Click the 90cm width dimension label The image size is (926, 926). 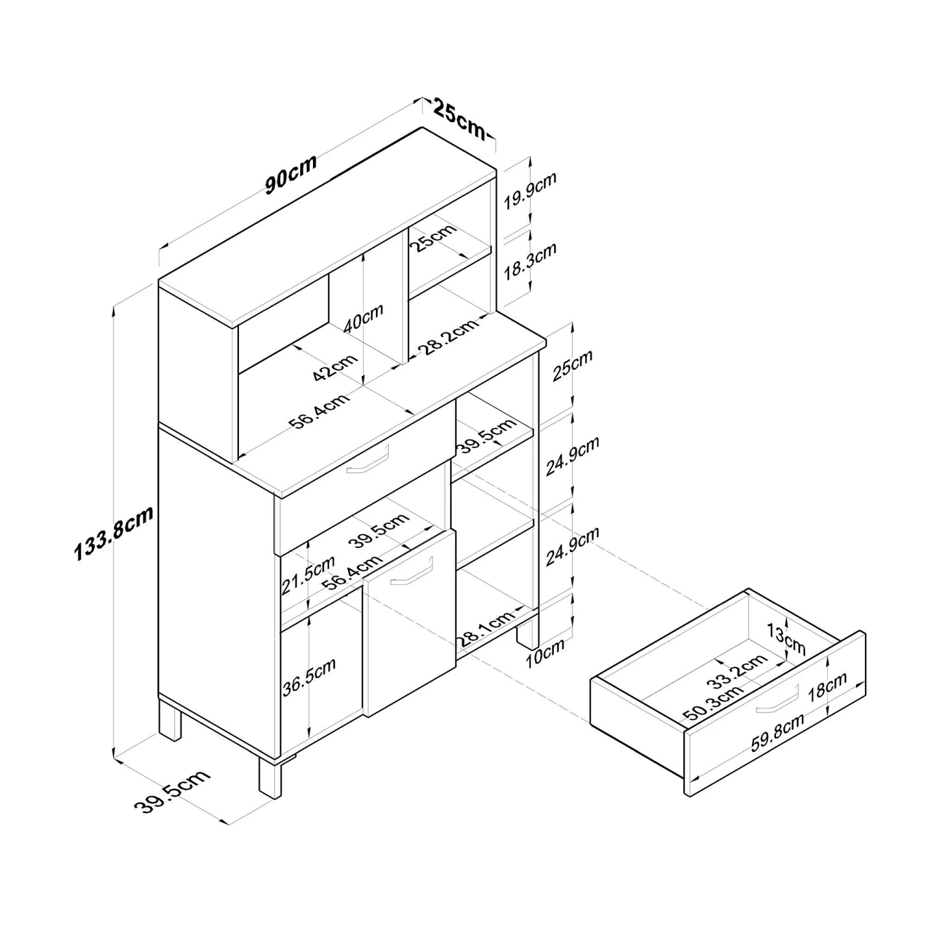pyautogui.click(x=291, y=174)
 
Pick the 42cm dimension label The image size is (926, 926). pyautogui.click(x=335, y=368)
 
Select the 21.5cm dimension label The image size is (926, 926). pyautogui.click(x=308, y=575)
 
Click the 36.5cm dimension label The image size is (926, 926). pyautogui.click(x=309, y=677)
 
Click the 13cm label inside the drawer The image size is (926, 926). pyautogui.click(x=786, y=639)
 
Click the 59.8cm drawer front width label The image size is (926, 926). pyautogui.click(x=777, y=732)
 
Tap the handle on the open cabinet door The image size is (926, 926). pyautogui.click(x=412, y=571)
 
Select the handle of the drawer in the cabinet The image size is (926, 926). pyautogui.click(x=368, y=461)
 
